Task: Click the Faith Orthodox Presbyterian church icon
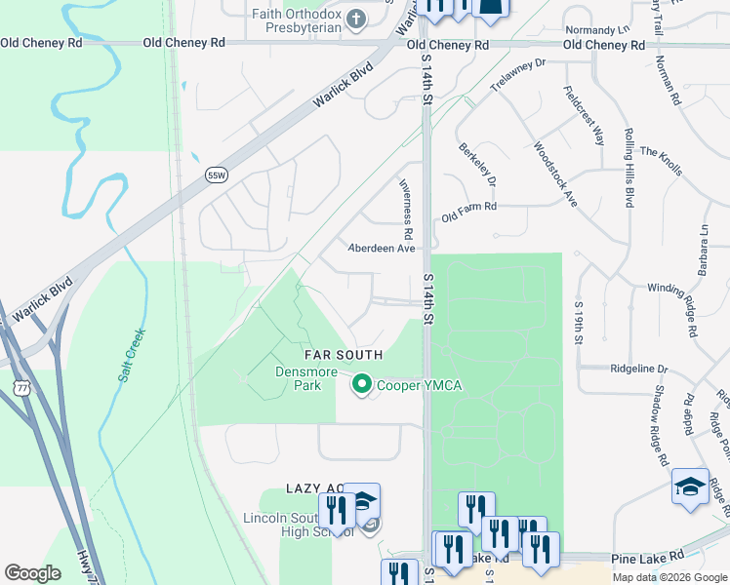pyautogui.click(x=357, y=18)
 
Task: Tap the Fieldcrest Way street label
pyautogui.click(x=585, y=115)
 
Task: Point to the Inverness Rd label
pyautogui.click(x=406, y=210)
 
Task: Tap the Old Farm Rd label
pyautogui.click(x=468, y=207)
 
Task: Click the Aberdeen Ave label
pyautogui.click(x=383, y=249)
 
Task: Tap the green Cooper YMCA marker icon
pyautogui.click(x=362, y=386)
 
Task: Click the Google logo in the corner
pyautogui.click(x=32, y=573)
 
